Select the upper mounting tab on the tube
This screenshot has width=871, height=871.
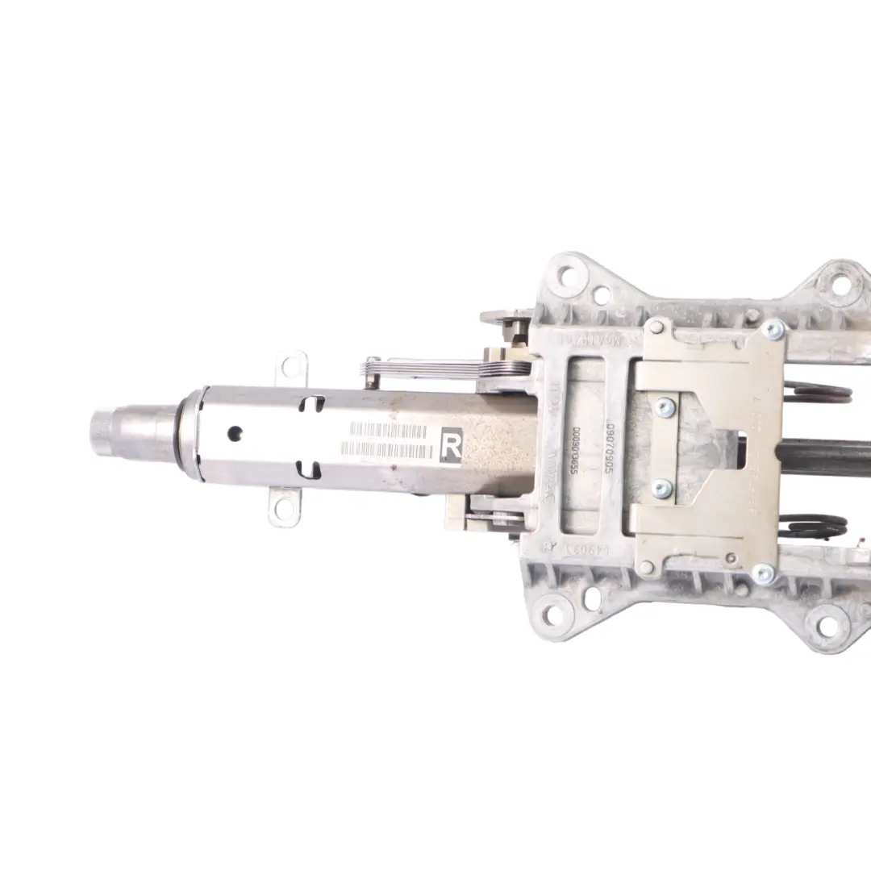(x=294, y=368)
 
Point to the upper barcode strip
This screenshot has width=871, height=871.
(x=388, y=431)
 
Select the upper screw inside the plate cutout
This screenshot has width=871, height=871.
(x=663, y=407)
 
